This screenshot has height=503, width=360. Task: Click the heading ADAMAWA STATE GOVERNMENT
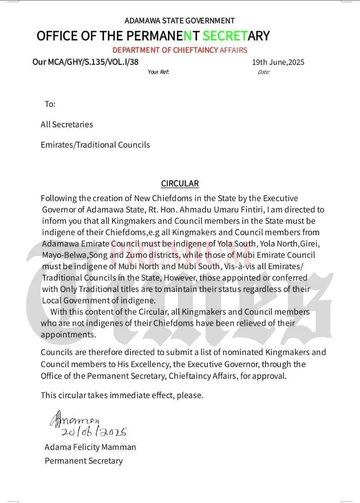tap(179, 20)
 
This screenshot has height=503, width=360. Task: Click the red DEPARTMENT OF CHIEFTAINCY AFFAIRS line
tap(180, 50)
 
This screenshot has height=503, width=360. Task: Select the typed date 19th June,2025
tap(278, 62)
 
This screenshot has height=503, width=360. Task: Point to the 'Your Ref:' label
tap(158, 72)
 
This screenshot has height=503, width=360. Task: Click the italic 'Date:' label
tap(264, 72)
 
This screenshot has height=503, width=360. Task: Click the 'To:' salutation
tap(50, 104)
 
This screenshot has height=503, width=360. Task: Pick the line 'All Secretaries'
tap(67, 125)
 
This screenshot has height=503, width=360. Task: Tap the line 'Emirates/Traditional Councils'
tap(95, 145)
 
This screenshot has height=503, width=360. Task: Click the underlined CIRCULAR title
tap(180, 184)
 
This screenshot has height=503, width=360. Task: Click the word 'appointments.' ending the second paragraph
tap(68, 335)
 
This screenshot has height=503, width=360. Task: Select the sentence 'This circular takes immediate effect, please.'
tap(122, 395)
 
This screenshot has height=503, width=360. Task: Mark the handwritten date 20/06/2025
tap(94, 432)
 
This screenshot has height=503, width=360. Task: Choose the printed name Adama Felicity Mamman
tap(90, 447)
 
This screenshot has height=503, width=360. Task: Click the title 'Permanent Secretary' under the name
tap(84, 461)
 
